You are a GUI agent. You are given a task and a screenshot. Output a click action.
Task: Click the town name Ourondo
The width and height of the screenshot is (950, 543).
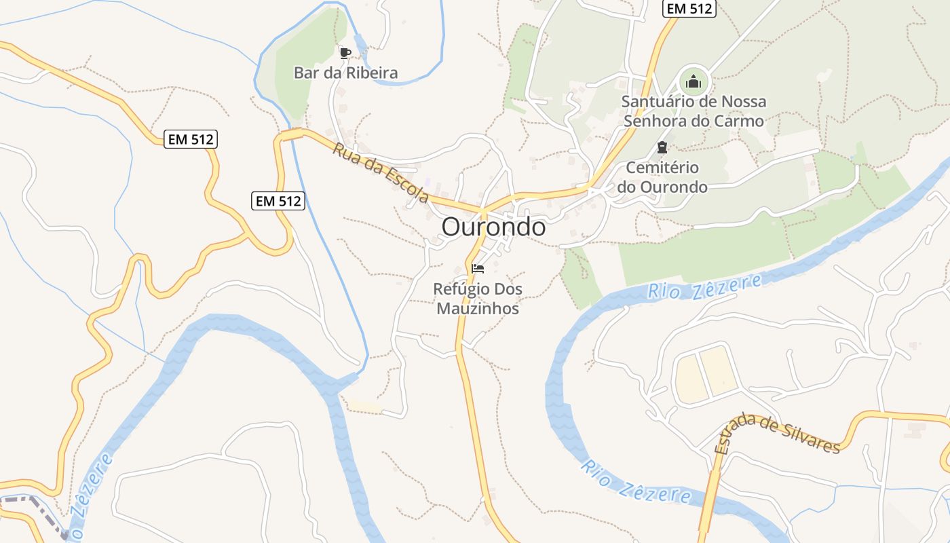(x=493, y=227)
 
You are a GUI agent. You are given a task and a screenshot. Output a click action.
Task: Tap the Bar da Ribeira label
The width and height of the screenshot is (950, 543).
(x=345, y=73)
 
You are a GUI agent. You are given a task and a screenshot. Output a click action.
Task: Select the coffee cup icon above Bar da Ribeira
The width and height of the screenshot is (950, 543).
(x=345, y=52)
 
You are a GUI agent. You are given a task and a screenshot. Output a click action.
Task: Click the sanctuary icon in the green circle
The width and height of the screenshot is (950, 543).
(x=693, y=82)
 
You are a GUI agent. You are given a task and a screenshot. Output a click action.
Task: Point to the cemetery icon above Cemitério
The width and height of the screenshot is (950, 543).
(x=662, y=147)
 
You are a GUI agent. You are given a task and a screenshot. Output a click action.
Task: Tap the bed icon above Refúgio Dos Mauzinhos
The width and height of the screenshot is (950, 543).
(x=478, y=268)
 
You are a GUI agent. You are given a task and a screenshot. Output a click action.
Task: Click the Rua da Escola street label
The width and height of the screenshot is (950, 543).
(x=381, y=172)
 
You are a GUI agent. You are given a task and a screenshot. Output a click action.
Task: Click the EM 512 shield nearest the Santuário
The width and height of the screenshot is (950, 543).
(x=689, y=8)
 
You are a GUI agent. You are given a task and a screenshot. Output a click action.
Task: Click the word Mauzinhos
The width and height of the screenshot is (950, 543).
(x=478, y=309)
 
